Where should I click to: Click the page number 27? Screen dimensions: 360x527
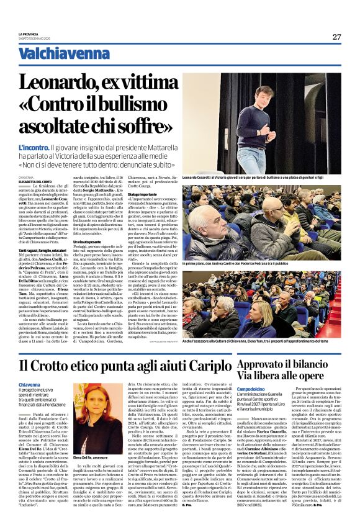336,37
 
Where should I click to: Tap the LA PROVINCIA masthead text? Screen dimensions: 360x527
29,34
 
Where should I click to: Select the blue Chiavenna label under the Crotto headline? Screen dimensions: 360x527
30,385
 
